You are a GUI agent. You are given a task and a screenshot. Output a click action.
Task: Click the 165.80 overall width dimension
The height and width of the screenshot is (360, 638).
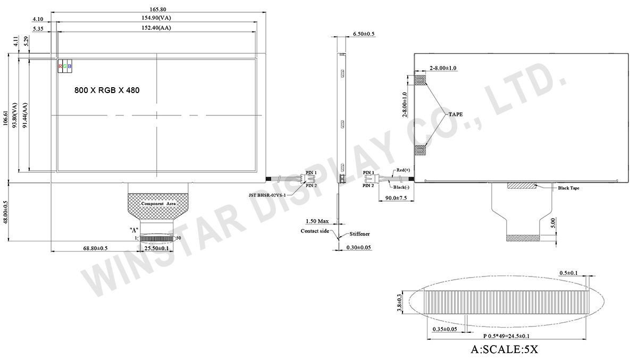pos(157,9)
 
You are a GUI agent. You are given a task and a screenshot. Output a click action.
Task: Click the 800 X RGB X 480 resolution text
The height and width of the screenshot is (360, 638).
pos(106,90)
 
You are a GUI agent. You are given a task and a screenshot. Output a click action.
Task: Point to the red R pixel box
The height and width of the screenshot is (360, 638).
pos(60,66)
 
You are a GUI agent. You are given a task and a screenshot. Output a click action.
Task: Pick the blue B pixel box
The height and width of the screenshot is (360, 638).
pos(70,66)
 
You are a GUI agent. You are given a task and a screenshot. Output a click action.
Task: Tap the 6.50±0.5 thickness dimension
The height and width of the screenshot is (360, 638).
pos(364,34)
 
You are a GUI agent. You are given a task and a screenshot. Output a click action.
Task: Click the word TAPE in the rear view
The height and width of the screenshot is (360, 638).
pos(455,114)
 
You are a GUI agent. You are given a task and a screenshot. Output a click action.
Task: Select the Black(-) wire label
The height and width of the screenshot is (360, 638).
pos(402,188)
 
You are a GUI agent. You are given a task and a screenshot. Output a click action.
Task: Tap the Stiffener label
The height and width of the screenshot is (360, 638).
pos(359,234)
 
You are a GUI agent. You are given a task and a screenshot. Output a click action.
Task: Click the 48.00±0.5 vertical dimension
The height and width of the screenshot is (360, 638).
pos(6,213)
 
